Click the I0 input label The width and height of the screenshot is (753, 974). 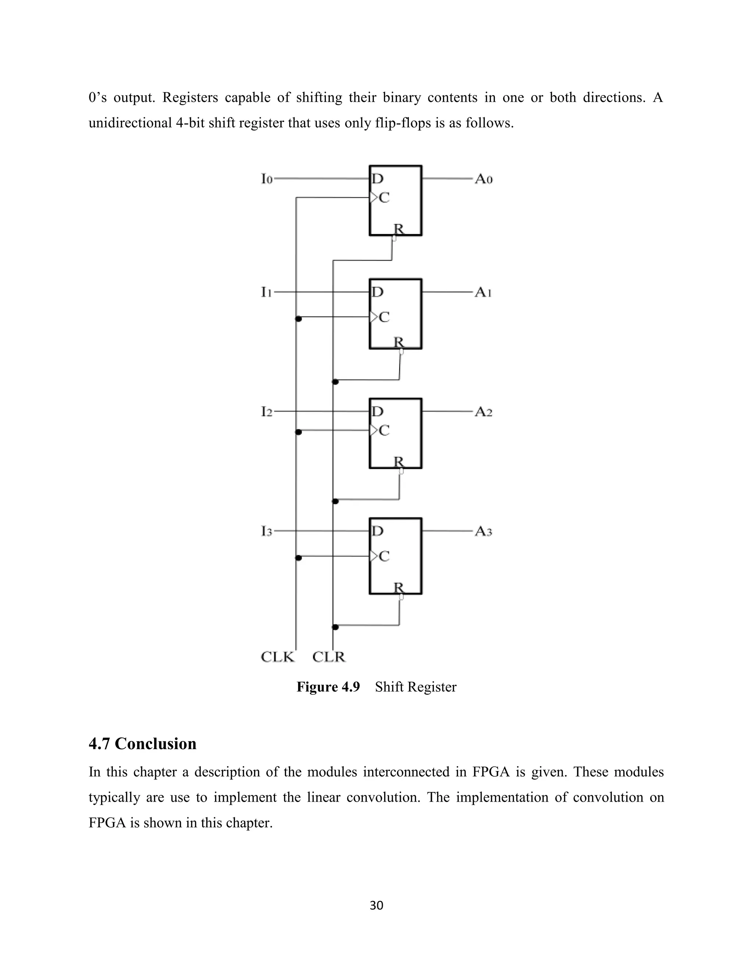(x=266, y=179)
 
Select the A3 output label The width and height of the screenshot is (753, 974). (x=483, y=531)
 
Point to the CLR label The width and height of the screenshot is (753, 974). (x=329, y=657)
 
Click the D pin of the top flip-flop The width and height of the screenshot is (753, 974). (x=377, y=179)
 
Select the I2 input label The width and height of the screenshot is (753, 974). (x=266, y=412)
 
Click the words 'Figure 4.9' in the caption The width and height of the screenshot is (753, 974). (x=328, y=687)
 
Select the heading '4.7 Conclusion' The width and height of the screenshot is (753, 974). (x=142, y=744)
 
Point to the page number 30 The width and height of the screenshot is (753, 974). (x=376, y=905)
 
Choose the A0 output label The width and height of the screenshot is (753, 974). (x=483, y=179)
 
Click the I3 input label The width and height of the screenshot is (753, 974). (x=266, y=531)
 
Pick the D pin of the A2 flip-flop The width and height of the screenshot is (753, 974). (x=377, y=411)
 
